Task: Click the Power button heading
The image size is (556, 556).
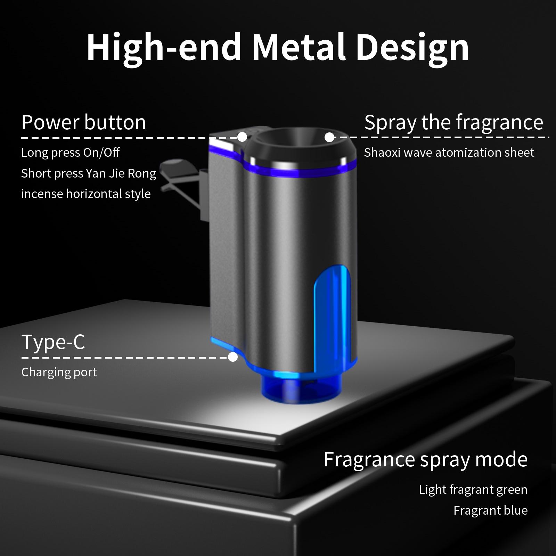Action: [x=83, y=122]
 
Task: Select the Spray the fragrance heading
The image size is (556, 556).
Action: [x=453, y=122]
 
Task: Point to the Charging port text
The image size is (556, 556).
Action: [x=59, y=372]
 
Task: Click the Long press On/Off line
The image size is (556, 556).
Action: [x=70, y=153]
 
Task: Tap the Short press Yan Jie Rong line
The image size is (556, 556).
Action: [x=89, y=173]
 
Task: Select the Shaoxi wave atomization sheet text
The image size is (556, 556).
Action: [x=449, y=153]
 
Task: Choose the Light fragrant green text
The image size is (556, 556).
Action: [x=473, y=490]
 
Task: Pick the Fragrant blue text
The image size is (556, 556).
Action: [x=490, y=510]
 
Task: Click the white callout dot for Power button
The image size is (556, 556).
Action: [x=242, y=137]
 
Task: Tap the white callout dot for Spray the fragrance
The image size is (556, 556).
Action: [x=329, y=137]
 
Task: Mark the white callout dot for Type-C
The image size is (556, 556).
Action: [x=233, y=357]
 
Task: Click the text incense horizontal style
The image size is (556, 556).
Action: [x=86, y=194]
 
